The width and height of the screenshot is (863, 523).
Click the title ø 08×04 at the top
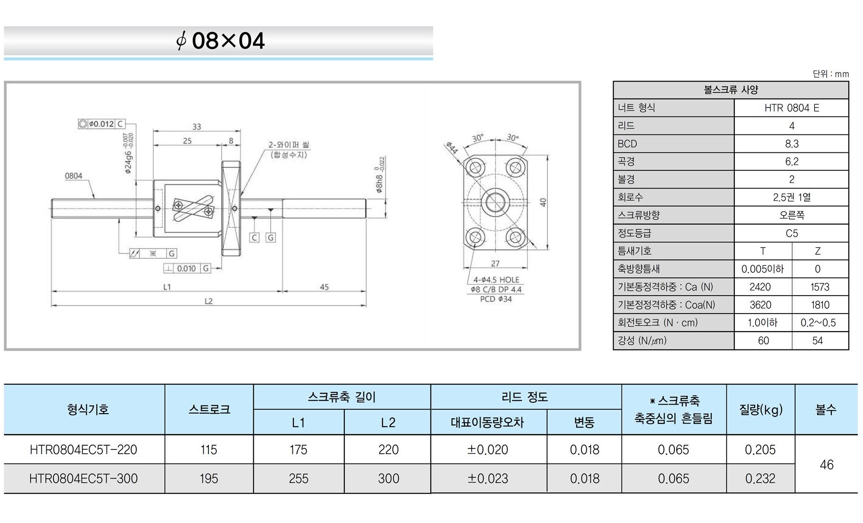click(220, 41)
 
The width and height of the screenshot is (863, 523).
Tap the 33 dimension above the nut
click(197, 126)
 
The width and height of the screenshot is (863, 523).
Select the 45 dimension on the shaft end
click(324, 287)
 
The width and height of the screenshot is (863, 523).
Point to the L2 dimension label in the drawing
click(208, 301)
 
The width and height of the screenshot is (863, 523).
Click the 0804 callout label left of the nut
click(74, 176)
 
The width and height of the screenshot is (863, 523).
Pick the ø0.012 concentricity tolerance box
click(101, 124)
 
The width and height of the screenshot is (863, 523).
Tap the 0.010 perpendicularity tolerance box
click(187, 268)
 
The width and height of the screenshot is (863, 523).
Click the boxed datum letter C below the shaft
click(254, 237)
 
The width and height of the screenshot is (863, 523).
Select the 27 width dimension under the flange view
click(495, 263)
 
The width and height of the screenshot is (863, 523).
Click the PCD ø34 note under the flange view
click(496, 299)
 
